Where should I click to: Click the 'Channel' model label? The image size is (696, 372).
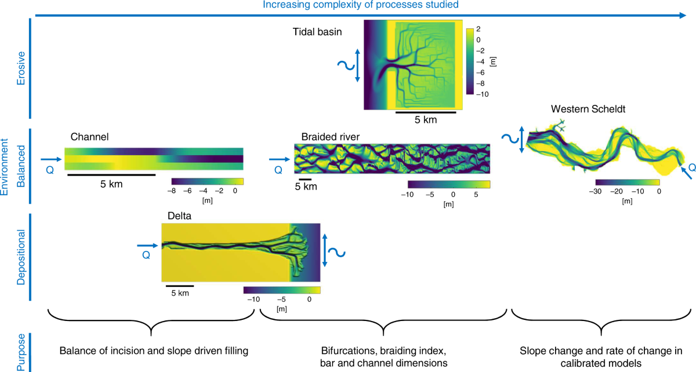90,137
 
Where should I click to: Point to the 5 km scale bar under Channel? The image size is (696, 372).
111,174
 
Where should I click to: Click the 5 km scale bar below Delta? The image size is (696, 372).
180,285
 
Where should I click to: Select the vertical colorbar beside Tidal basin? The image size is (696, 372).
470,61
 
